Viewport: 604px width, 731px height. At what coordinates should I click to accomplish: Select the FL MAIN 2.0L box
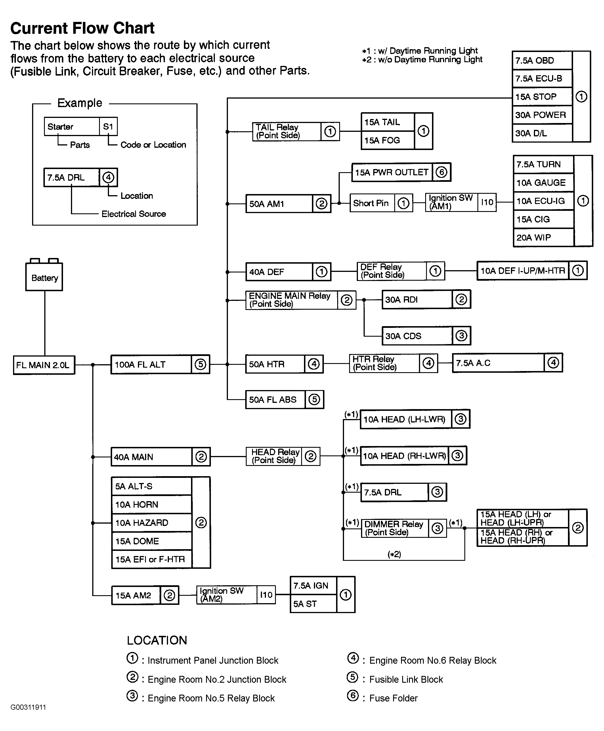click(x=44, y=365)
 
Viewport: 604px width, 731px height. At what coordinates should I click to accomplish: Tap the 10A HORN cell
click(x=152, y=504)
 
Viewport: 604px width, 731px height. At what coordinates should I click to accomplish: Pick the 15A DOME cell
click(x=152, y=541)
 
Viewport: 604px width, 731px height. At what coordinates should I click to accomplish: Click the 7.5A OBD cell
click(x=542, y=61)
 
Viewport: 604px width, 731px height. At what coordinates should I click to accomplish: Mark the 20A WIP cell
click(x=543, y=238)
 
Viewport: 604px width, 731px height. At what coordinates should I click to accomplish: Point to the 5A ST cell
click(x=313, y=604)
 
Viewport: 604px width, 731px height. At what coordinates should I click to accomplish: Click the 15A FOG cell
click(x=387, y=140)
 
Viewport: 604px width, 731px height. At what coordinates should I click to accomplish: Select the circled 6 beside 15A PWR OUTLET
click(x=441, y=172)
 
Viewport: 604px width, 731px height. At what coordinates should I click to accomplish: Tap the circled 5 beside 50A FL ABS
click(x=314, y=399)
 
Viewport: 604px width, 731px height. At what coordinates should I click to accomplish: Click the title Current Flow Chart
click(x=82, y=28)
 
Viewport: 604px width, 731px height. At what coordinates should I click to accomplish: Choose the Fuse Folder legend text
click(x=393, y=698)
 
